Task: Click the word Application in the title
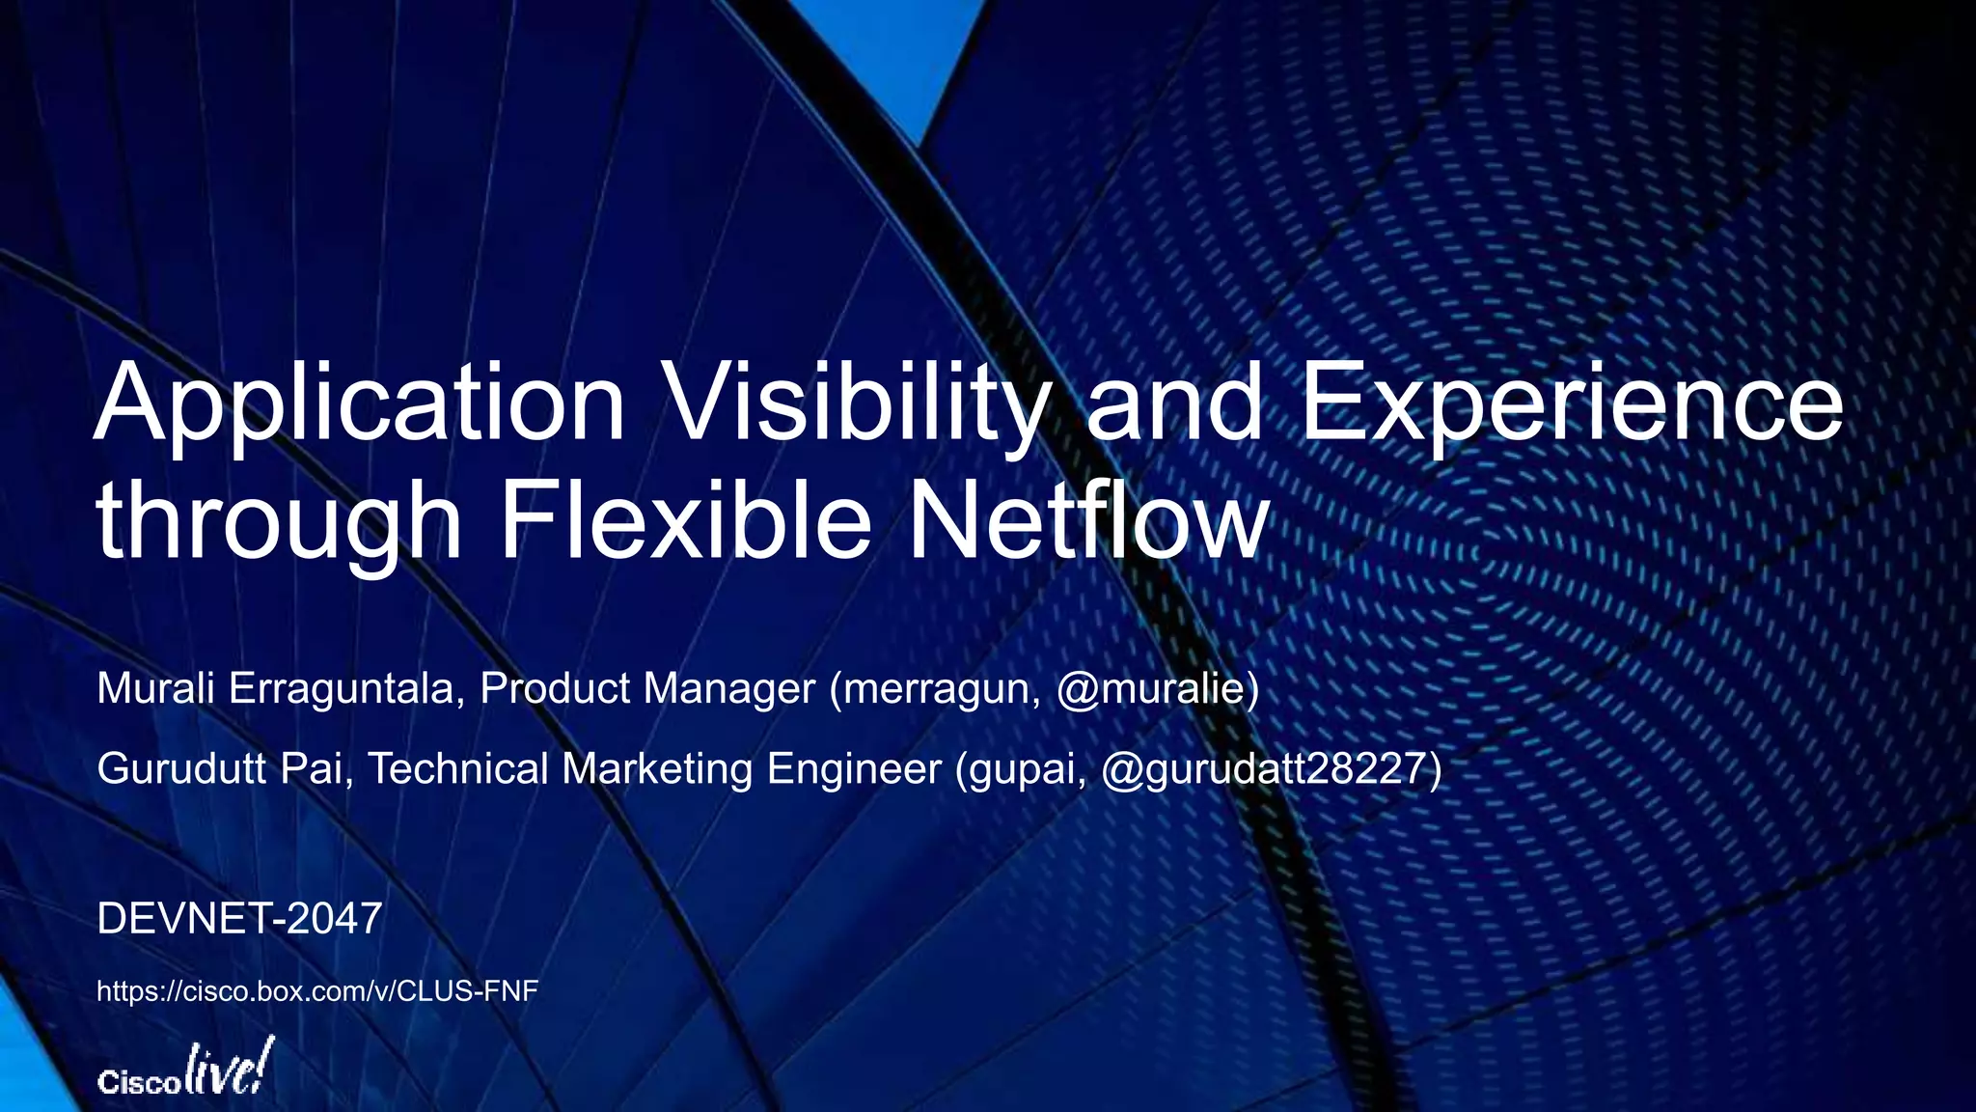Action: (x=360, y=403)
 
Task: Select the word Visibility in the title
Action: (x=856, y=403)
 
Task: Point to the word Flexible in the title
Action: (x=685, y=521)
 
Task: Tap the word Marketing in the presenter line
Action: (x=657, y=770)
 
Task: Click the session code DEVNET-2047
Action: (x=239, y=919)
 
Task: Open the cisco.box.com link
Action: (x=317, y=991)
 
